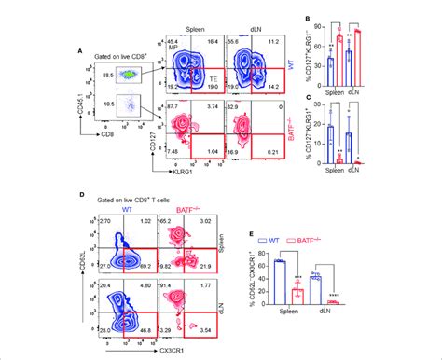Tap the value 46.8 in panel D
point(198,329)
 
